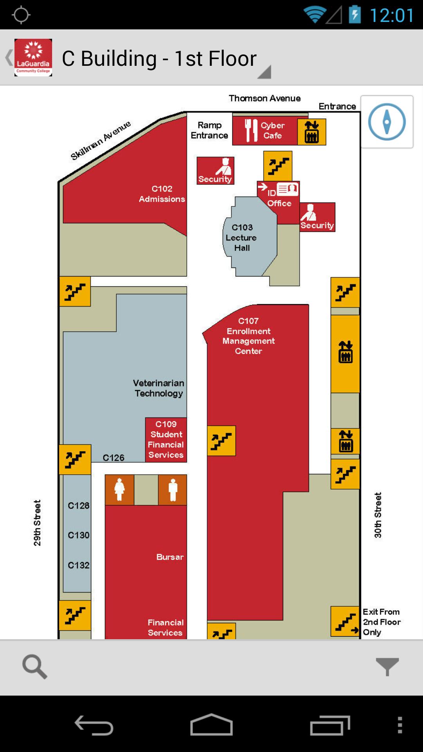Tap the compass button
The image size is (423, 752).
[387, 122]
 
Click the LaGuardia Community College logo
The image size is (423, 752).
[33, 58]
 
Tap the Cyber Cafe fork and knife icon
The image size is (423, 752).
[251, 130]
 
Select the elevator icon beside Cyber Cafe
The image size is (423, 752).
[312, 132]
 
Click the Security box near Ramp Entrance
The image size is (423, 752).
[215, 170]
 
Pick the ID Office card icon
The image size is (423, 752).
[287, 190]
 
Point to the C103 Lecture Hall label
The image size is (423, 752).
[242, 237]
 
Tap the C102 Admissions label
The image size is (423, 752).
[162, 194]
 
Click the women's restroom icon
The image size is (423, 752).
[119, 490]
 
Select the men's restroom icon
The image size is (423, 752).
[173, 490]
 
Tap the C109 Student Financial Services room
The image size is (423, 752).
[166, 439]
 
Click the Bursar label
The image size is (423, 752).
[170, 557]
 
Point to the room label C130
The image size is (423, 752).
[78, 535]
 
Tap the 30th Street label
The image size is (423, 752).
[378, 515]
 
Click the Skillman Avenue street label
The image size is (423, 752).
[101, 141]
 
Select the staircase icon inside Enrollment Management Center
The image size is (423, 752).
[221, 441]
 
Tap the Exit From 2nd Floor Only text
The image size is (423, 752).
[381, 622]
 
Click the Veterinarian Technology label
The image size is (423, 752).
[159, 388]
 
